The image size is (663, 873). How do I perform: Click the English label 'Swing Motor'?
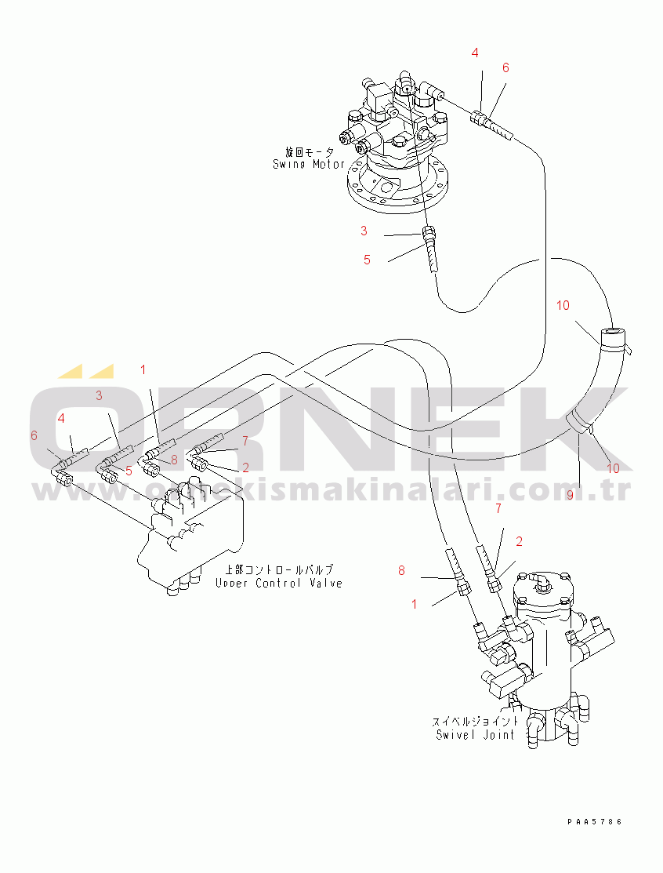click(309, 164)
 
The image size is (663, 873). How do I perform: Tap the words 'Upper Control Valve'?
click(278, 583)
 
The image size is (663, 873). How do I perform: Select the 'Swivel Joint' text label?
click(476, 735)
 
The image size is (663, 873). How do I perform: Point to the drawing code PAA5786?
click(595, 822)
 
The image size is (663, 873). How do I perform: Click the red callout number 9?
click(570, 495)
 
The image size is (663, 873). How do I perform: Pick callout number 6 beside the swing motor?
click(505, 68)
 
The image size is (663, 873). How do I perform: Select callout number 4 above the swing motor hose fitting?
click(475, 53)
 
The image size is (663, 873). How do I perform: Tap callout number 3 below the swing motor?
click(364, 231)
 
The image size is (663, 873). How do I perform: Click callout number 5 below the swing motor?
click(367, 260)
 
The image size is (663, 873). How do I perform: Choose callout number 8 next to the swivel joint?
click(401, 570)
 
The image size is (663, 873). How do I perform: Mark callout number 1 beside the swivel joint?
click(415, 604)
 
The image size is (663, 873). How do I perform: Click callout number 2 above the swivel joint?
click(519, 541)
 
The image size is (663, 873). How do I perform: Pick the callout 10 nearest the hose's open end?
click(563, 306)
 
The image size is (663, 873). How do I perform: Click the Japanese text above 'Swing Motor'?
click(310, 151)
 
